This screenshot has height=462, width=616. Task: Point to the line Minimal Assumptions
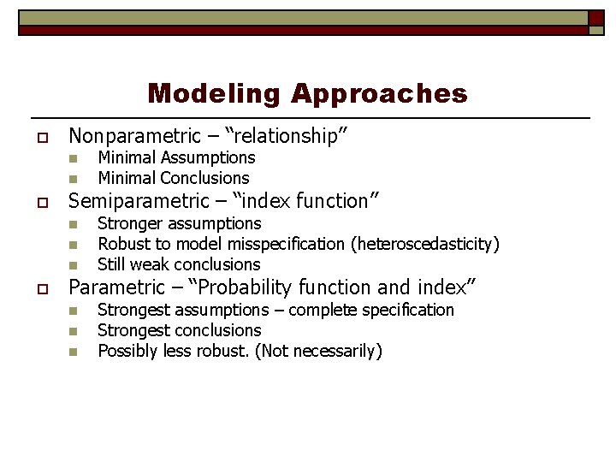pos(176,157)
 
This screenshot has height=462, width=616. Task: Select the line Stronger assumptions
pos(180,223)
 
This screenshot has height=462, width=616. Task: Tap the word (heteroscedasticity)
pos(425,244)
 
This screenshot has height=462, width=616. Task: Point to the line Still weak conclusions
pos(179,264)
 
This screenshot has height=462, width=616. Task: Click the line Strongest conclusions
pos(180,330)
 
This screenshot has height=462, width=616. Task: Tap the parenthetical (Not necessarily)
pos(318,351)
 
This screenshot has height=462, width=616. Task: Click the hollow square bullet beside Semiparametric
pos(40,202)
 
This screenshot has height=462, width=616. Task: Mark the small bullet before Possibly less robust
pos(74,352)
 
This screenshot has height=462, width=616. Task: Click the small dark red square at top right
pos(596,18)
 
